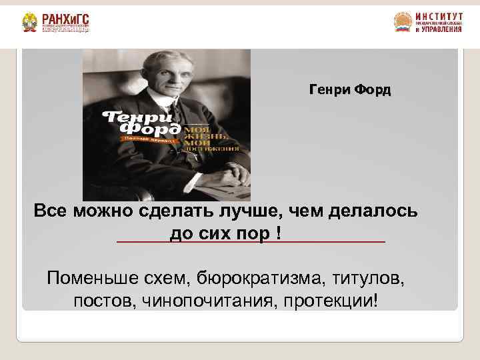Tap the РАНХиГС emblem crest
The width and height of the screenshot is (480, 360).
(29, 23)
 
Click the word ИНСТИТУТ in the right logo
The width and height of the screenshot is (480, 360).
(438, 16)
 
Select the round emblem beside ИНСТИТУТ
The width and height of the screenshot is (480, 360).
(403, 23)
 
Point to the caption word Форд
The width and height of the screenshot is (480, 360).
(373, 89)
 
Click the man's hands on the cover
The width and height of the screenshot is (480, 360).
(213, 181)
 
